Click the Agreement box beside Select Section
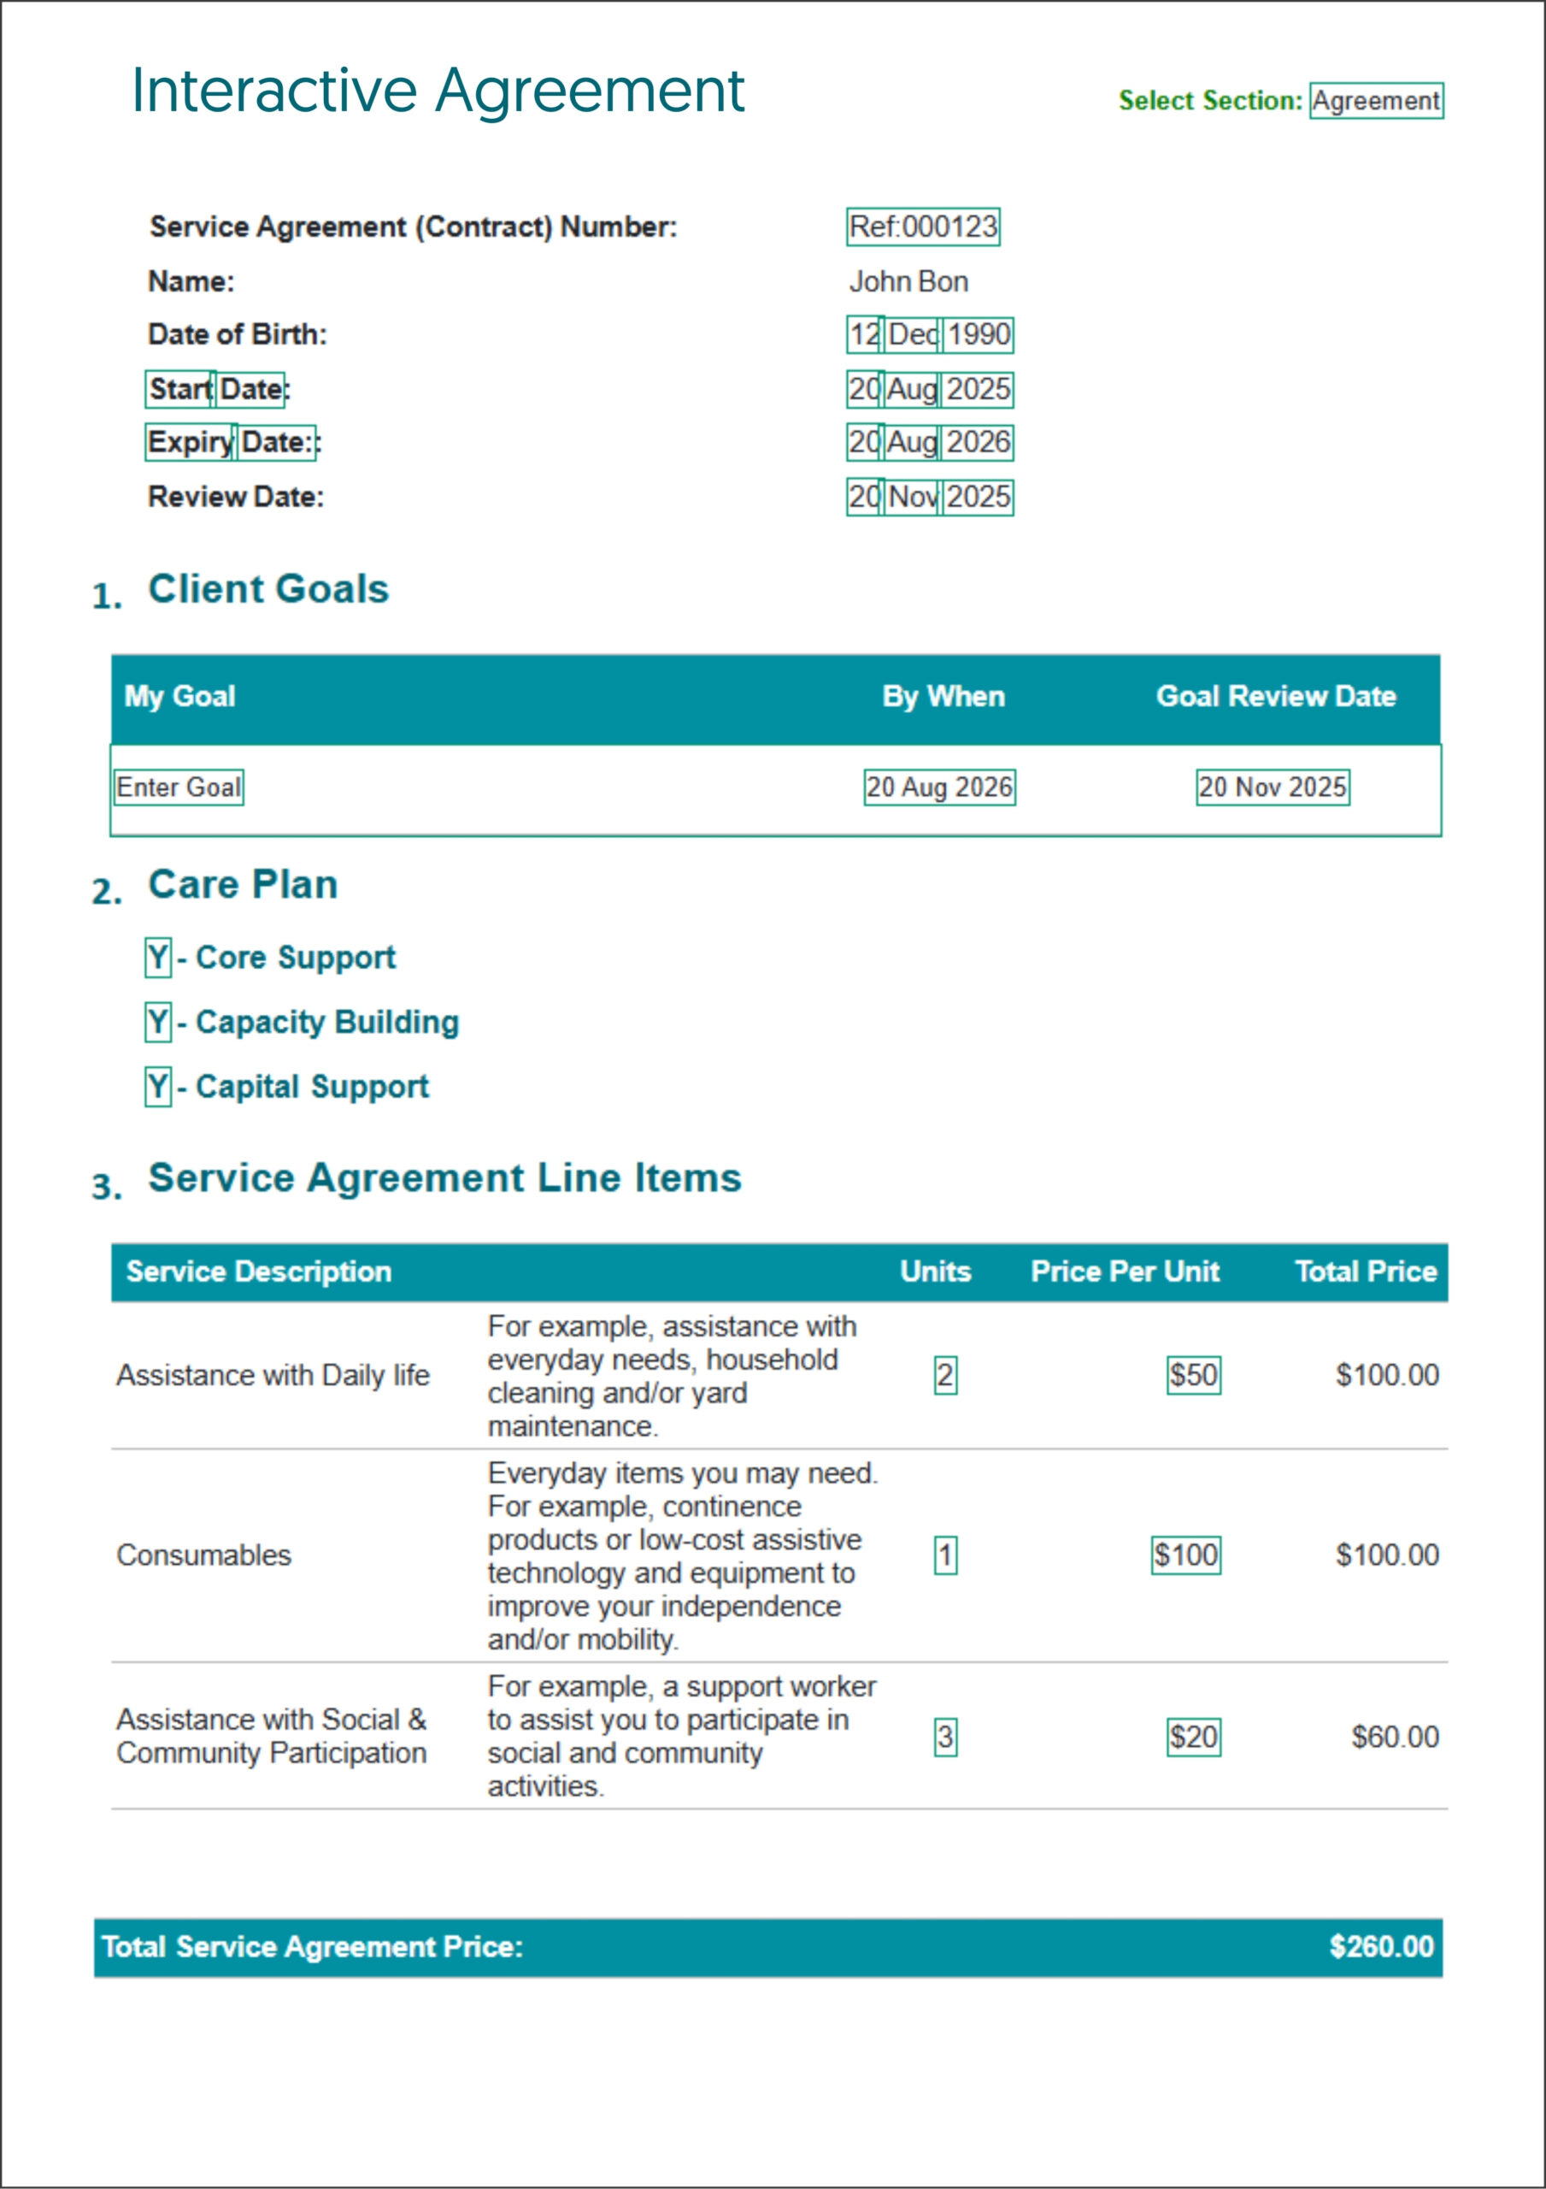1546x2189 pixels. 1375,100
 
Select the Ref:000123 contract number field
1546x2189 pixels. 923,227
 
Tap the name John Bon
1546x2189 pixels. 908,281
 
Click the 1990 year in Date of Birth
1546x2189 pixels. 978,334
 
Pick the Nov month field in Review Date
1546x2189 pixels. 912,497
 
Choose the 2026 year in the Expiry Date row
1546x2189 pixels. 978,442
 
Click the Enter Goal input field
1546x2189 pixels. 179,788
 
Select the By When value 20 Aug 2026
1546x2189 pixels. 939,788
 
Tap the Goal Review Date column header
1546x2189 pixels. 1275,697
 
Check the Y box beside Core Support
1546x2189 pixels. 158,957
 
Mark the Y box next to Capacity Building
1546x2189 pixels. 158,1022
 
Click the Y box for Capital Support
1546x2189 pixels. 158,1087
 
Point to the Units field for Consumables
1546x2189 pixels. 944,1555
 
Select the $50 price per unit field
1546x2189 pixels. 1193,1375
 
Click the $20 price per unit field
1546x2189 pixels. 1193,1736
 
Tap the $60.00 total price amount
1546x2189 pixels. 1395,1736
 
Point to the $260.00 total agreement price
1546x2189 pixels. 1381,1946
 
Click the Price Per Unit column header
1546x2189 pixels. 1125,1271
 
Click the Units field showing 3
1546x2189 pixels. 944,1736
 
